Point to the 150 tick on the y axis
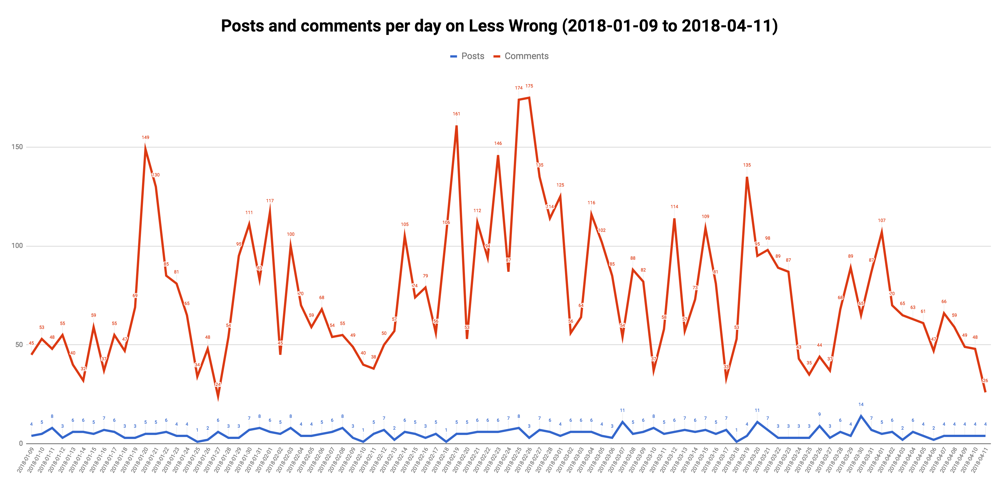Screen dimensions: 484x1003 click(17, 147)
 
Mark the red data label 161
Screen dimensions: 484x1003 click(456, 114)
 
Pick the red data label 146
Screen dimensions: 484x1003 click(498, 144)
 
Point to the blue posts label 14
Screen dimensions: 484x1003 click(861, 404)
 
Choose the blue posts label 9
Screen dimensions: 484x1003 click(819, 414)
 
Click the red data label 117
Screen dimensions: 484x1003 click(270, 201)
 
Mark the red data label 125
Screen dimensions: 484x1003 click(560, 185)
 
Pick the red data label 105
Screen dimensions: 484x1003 click(404, 225)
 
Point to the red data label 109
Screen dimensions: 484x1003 click(705, 217)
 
